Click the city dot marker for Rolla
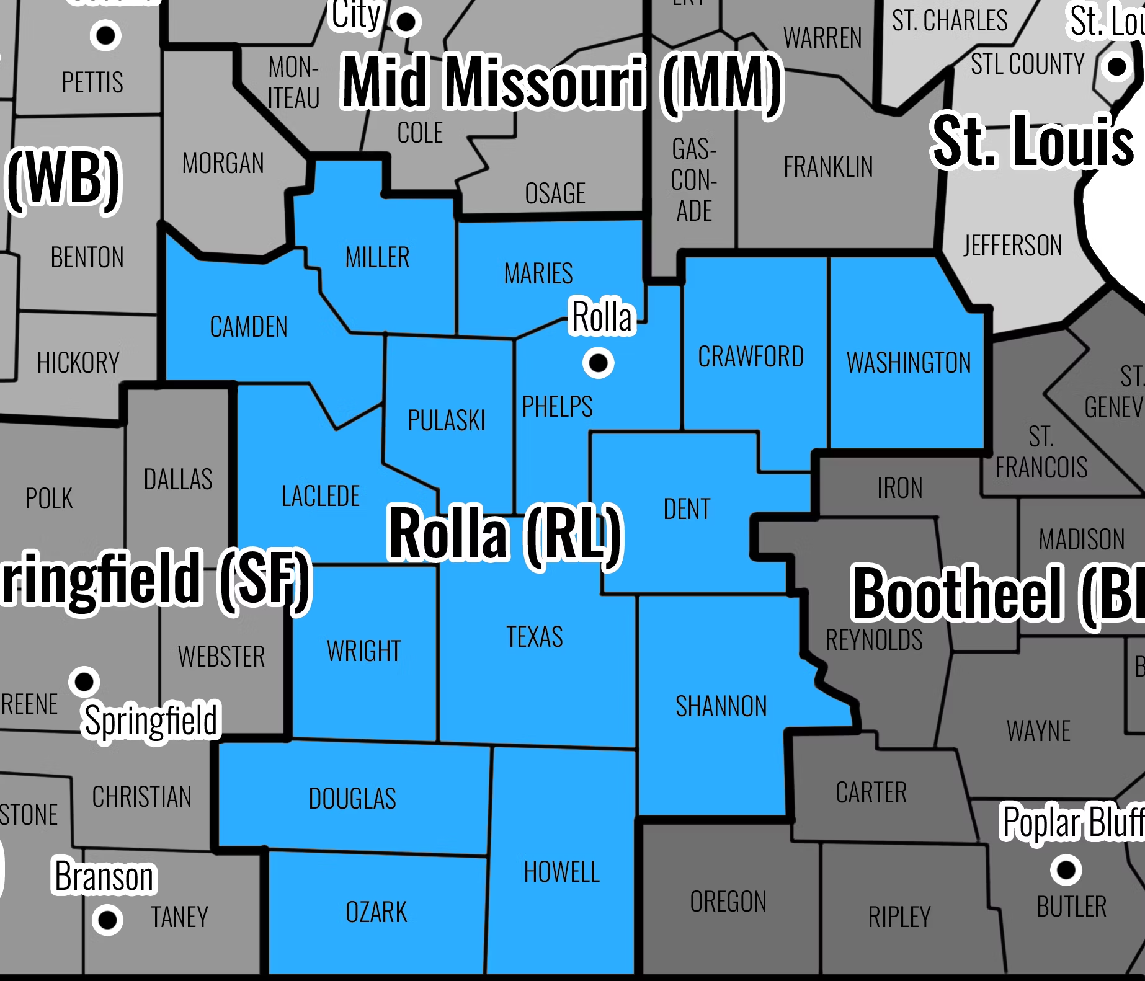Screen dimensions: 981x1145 pos(598,363)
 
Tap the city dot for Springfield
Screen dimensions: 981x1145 pos(84,681)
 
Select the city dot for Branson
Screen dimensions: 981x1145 pos(107,920)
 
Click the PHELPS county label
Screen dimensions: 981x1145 pos(557,407)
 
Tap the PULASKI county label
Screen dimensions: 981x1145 pos(446,420)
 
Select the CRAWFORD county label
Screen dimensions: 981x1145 pos(751,357)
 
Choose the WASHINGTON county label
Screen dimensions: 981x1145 pos(909,363)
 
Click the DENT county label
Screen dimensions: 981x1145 pos(687,509)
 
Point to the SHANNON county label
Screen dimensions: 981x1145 pos(721,706)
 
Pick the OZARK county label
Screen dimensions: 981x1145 pos(376,912)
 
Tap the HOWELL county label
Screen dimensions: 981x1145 pos(561,872)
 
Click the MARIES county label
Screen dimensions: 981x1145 pos(538,273)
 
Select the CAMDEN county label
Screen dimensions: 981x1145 pos(249,327)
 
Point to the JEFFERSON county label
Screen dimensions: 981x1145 pos(1012,246)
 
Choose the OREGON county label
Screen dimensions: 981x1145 pos(728,902)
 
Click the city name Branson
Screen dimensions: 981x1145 pos(104,876)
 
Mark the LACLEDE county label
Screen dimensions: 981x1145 pos(320,496)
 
